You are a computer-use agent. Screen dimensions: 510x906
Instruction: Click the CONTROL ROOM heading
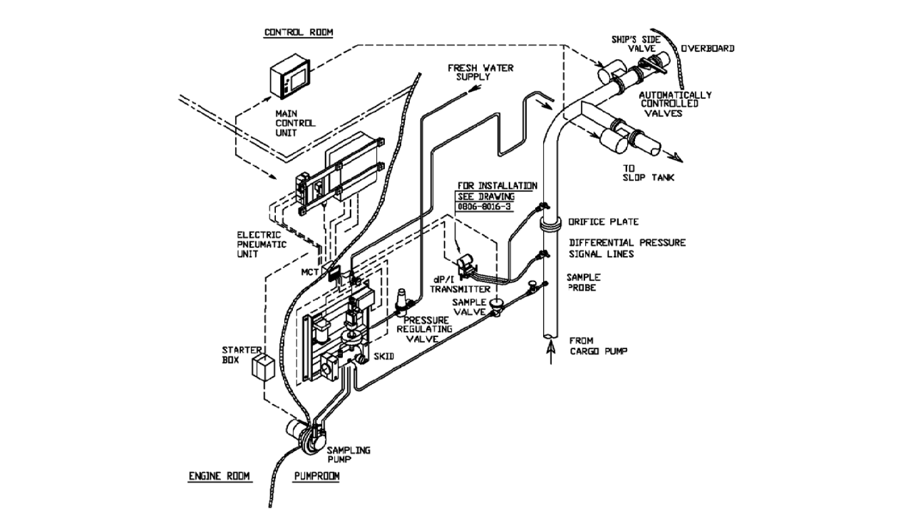tap(298, 32)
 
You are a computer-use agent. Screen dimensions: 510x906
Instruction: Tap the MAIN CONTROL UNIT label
tap(295, 123)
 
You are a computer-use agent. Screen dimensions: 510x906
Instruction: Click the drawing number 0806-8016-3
tap(485, 207)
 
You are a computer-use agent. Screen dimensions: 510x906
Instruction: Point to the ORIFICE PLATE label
tap(603, 222)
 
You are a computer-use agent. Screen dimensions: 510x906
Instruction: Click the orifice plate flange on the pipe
tap(550, 225)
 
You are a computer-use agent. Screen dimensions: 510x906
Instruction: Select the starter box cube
tap(263, 368)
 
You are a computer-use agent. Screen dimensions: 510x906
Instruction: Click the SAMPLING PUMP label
tap(348, 455)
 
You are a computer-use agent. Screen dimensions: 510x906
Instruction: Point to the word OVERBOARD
tap(707, 48)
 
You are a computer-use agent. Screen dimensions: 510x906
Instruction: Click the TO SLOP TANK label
tap(647, 173)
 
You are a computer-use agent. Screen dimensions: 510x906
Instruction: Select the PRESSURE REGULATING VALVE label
tap(424, 329)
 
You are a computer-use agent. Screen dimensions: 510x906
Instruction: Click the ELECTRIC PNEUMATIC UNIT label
tap(261, 244)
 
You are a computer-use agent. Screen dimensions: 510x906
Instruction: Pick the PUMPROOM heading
tap(317, 476)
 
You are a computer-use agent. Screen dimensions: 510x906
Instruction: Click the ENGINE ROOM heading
tap(219, 476)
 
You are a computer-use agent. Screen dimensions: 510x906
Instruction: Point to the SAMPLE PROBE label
tap(583, 282)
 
